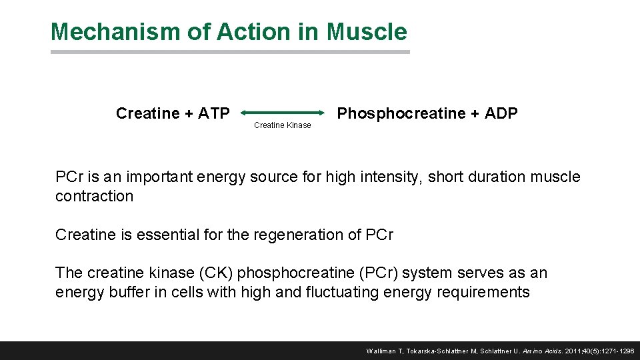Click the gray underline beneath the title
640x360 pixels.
tap(230, 52)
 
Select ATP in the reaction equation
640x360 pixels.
tap(213, 113)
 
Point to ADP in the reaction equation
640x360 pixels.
tap(501, 113)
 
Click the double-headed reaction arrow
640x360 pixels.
tap(283, 113)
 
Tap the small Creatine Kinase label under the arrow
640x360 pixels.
tap(283, 125)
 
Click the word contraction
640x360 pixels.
tap(94, 196)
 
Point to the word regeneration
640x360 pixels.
tap(298, 235)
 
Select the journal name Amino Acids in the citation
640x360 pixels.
tap(544, 351)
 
